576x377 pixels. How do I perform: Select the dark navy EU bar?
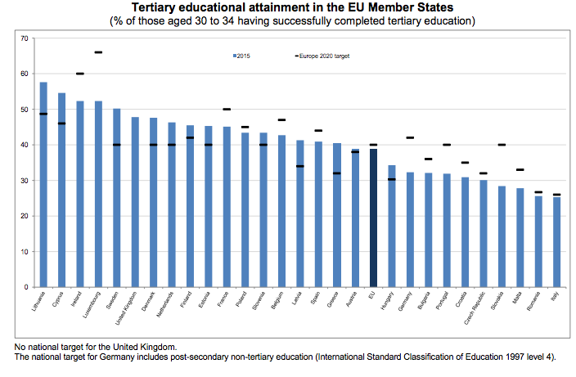373,218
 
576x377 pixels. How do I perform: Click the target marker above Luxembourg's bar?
98,52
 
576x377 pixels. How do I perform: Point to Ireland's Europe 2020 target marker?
80,74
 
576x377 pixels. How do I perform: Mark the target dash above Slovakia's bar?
502,145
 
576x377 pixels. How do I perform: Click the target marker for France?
227,109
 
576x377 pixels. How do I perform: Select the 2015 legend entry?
241,56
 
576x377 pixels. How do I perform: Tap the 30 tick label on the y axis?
24,181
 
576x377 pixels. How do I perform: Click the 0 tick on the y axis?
25,288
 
